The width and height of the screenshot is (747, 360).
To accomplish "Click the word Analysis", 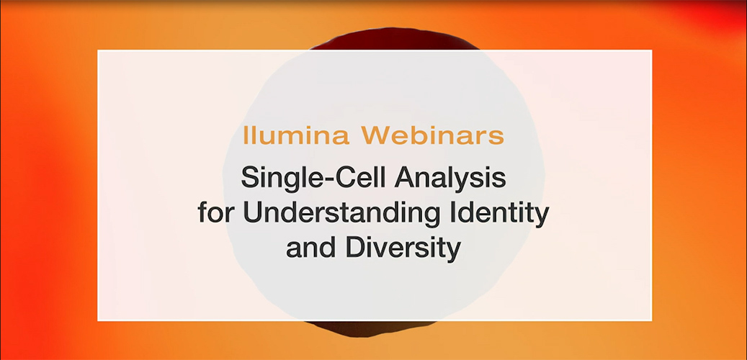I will tap(444, 176).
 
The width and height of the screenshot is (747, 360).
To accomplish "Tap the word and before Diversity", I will tap(310, 248).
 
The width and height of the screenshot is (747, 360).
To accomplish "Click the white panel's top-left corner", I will tap(99, 50).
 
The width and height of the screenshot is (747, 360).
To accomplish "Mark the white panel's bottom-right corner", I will tap(650, 320).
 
